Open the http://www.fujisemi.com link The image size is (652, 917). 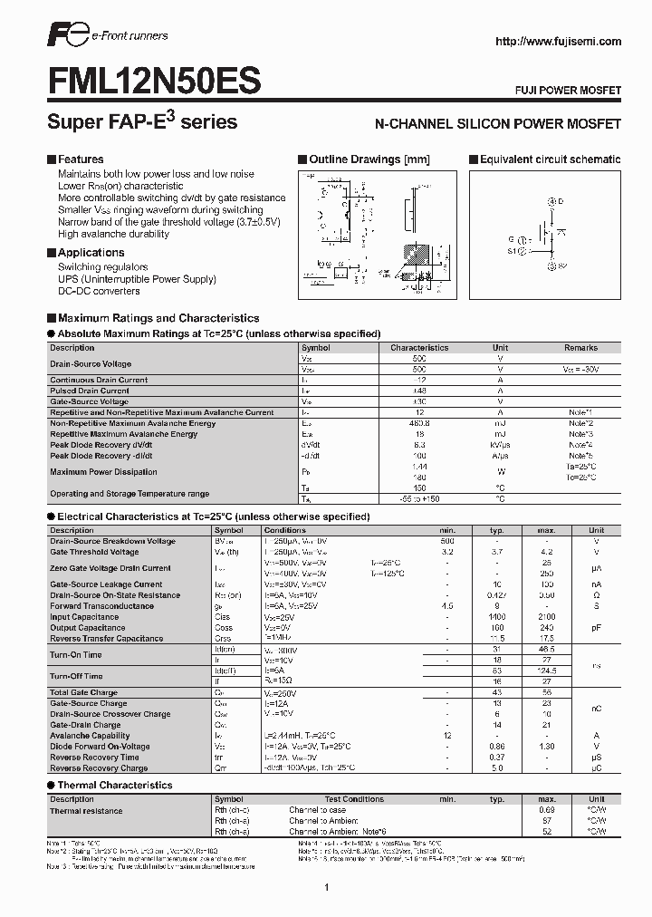pyautogui.click(x=558, y=41)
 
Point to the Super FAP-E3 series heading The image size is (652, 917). pyautogui.click(x=141, y=121)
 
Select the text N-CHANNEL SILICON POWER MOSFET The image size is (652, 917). pyautogui.click(x=497, y=122)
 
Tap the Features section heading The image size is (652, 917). pyautogui.click(x=80, y=159)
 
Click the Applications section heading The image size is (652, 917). pyautogui.click(x=91, y=253)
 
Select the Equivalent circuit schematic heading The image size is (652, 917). pyautogui.click(x=550, y=159)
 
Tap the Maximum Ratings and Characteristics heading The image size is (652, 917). pyautogui.click(x=158, y=318)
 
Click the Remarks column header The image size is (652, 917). pyautogui.click(x=580, y=347)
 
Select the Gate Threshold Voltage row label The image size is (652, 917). pyautogui.click(x=94, y=552)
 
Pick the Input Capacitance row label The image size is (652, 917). pyautogui.click(x=84, y=617)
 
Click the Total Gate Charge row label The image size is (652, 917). pyautogui.click(x=82, y=692)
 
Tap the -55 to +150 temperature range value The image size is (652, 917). pyautogui.click(x=418, y=499)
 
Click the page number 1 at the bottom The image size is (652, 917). pyautogui.click(x=325, y=887)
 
